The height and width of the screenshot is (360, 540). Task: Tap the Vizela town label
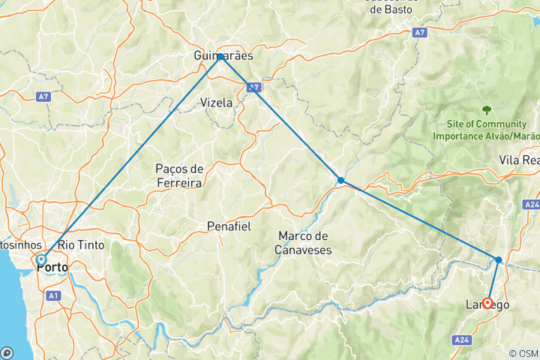[x=216, y=103]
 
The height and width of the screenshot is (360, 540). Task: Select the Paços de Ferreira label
[x=179, y=174]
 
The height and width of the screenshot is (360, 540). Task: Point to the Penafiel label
[x=229, y=226]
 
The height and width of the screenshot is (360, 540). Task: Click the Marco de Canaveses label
[x=304, y=243]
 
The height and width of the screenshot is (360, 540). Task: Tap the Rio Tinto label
[x=81, y=244]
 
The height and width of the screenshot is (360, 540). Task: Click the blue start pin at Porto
[x=41, y=260]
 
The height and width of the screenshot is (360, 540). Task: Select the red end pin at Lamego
[x=487, y=304]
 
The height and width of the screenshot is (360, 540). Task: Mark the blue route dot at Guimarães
[x=220, y=57]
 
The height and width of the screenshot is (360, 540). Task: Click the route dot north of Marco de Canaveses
[x=340, y=180]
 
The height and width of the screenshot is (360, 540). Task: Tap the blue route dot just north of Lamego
[x=499, y=259]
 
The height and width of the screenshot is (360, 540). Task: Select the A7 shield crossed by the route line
[x=255, y=87]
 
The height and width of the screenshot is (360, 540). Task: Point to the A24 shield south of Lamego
[x=462, y=340]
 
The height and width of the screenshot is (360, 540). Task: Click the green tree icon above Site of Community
[x=486, y=109]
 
